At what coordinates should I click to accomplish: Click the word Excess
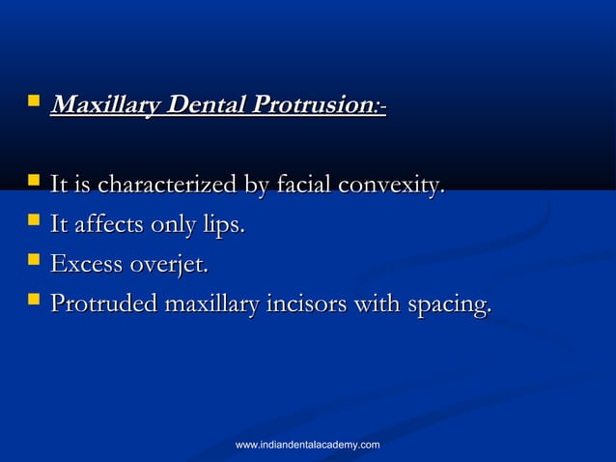click(87, 265)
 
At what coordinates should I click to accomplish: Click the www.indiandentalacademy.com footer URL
click(308, 444)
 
